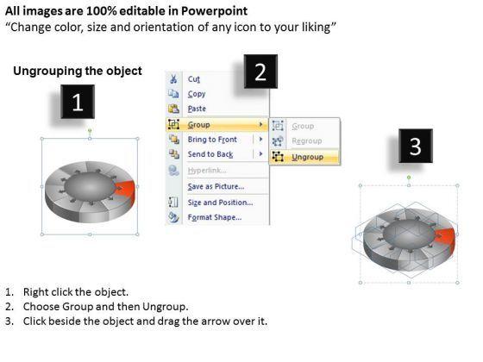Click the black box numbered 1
coord(78,102)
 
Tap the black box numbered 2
coord(260,72)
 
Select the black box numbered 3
coord(416,146)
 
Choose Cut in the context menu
coord(194,79)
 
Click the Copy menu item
coord(197,94)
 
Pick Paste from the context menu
coord(197,109)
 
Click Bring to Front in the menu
coord(212,140)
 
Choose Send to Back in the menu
coord(210,154)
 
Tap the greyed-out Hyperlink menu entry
coord(207,171)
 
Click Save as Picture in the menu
coord(216,186)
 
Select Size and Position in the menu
coord(220,203)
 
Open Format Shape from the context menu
coord(215,217)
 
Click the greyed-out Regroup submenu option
coord(307,141)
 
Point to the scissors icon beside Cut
coord(173,79)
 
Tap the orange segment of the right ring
coord(445,240)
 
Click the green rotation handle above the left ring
coord(90,130)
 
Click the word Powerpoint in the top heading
coord(214,11)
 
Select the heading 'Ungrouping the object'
coord(78,71)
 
